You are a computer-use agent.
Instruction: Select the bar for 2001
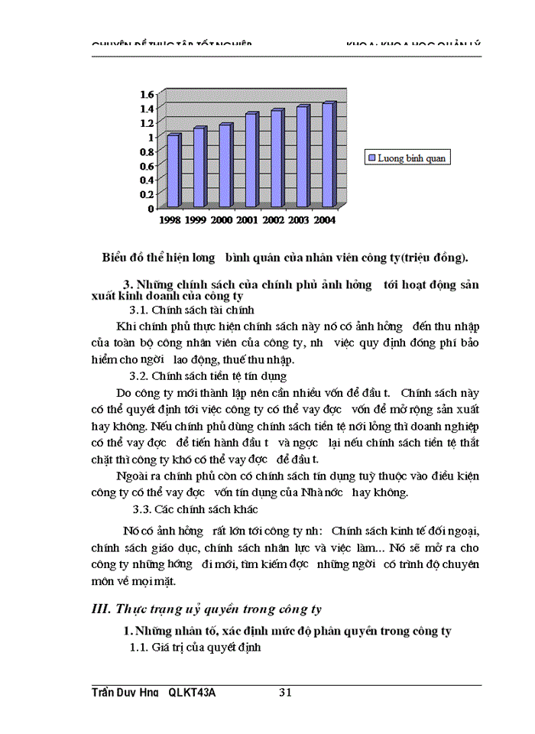pos(251,160)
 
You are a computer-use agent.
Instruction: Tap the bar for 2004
pos(328,154)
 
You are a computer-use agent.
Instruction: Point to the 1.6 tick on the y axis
pos(145,94)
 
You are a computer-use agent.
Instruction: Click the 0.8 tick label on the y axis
pos(145,151)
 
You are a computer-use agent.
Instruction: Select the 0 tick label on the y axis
pos(151,208)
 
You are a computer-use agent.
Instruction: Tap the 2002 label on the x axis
pos(272,220)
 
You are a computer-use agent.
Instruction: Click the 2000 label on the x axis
pos(222,220)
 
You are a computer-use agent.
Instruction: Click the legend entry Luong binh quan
pos(410,158)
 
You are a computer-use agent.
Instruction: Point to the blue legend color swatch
pos(372,158)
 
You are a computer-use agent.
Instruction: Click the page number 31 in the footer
pos(286,693)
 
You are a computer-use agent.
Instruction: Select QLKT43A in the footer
pos(192,693)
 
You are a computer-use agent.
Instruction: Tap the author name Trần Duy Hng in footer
pos(125,693)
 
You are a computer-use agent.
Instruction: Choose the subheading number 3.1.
pos(138,310)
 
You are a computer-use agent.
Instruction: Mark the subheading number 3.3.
pos(142,508)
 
